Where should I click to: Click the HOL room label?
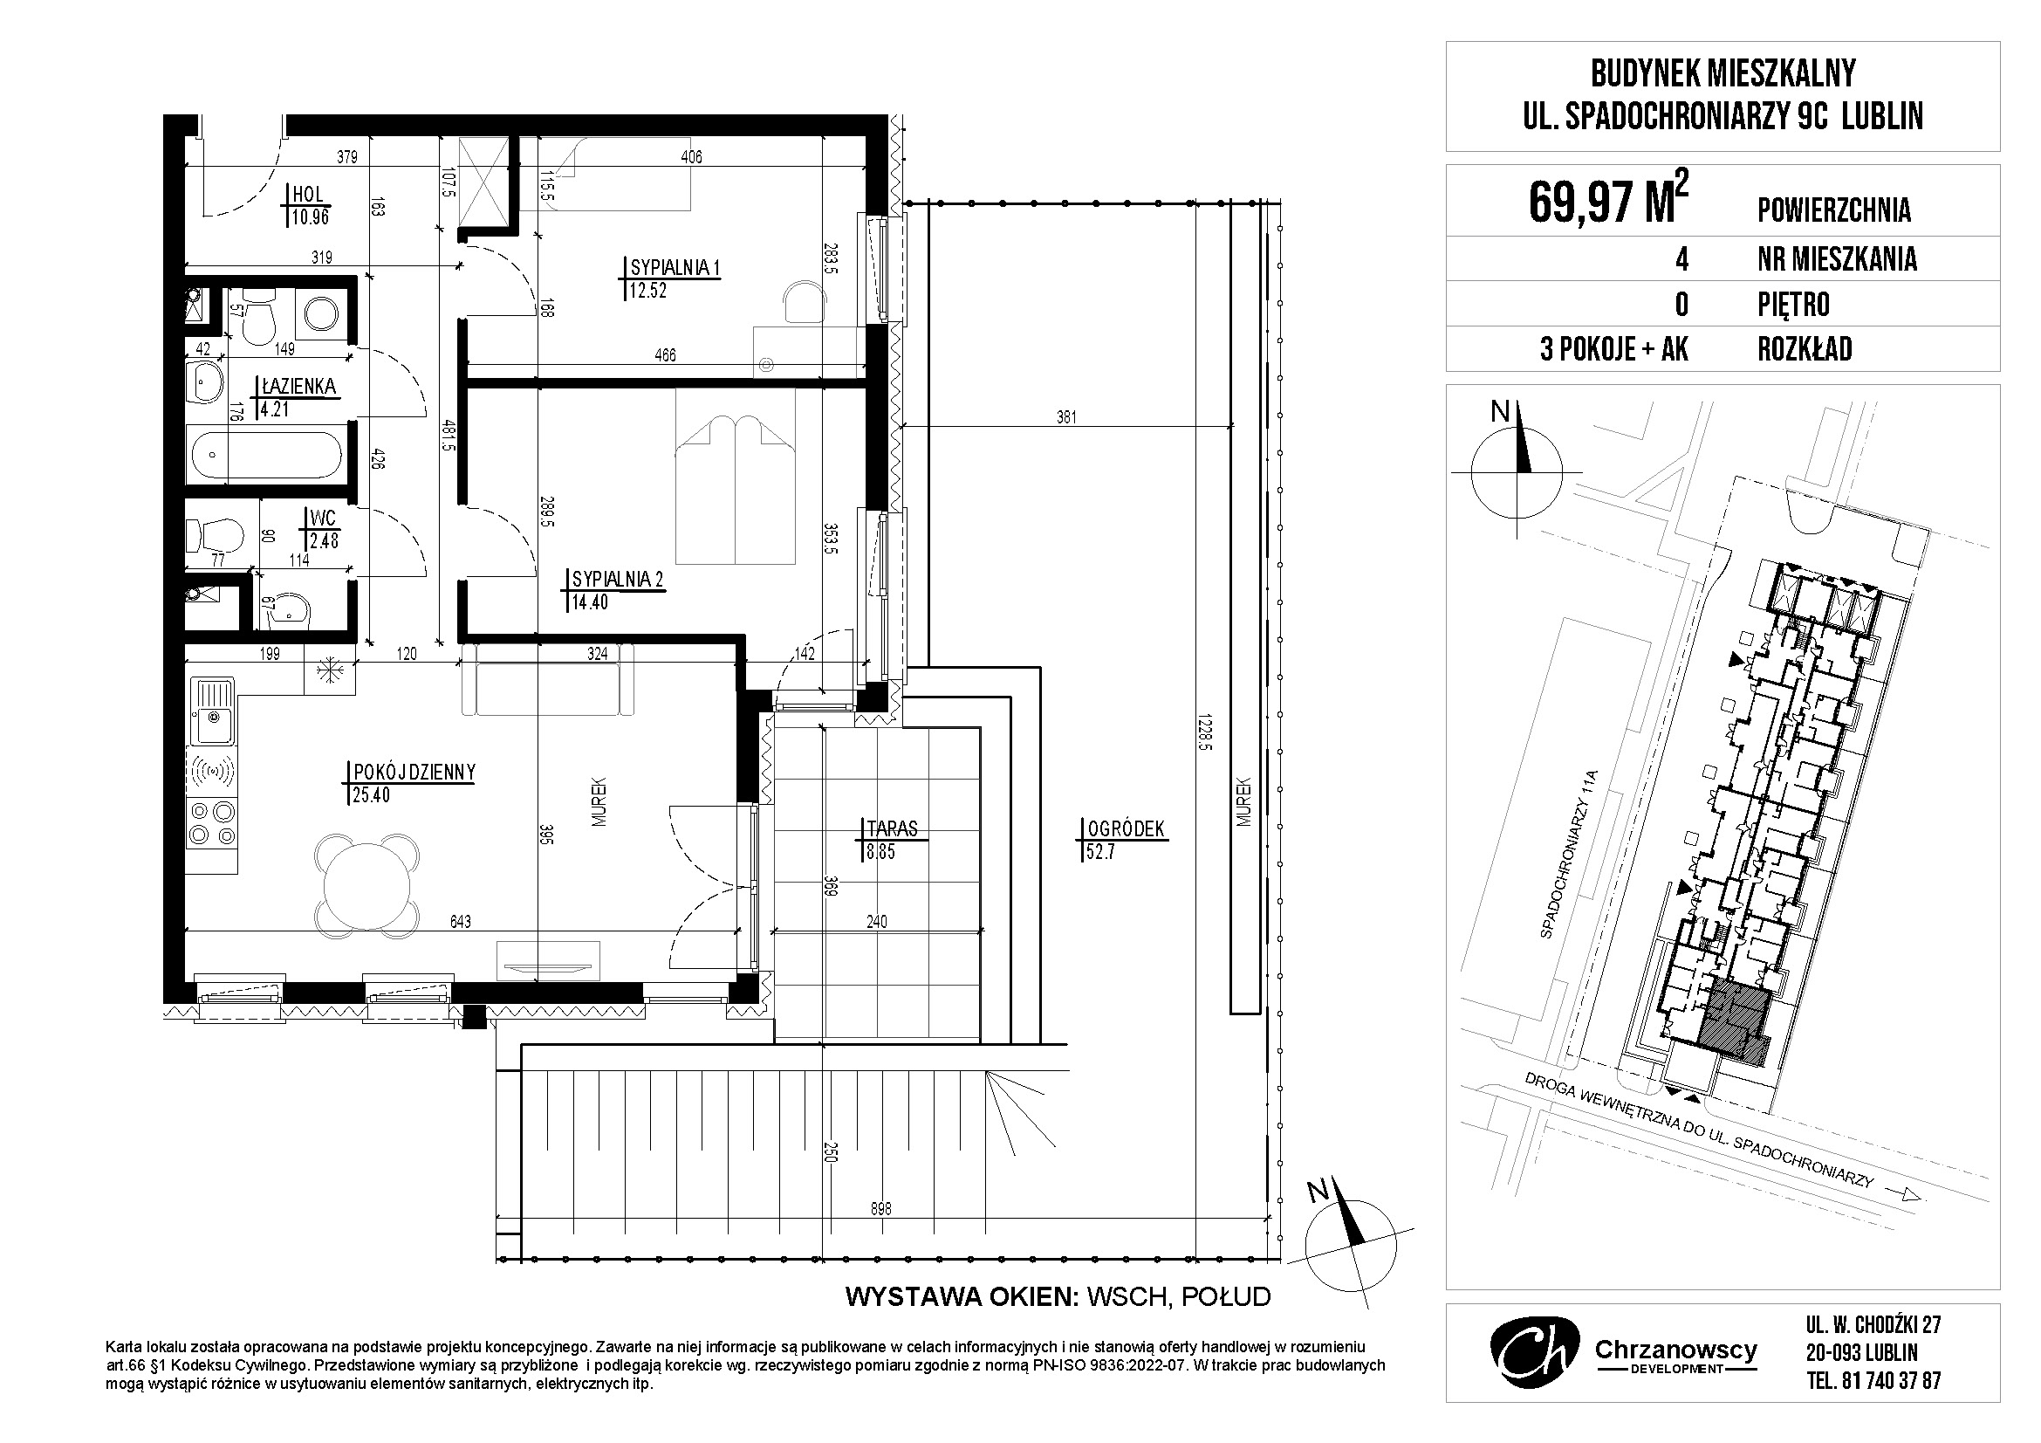point(307,195)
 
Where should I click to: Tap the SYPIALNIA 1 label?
point(675,268)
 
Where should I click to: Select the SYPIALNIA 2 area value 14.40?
point(590,602)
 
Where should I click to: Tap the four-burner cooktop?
point(213,821)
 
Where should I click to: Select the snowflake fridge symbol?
point(329,671)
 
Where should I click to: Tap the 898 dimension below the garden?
point(880,1209)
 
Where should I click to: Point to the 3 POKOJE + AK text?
point(1614,349)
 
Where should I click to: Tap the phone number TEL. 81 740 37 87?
point(1866,1381)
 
